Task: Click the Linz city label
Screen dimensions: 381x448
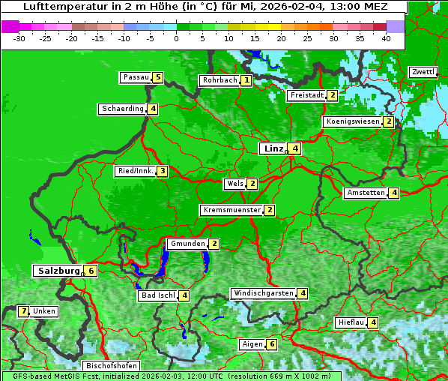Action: click(x=273, y=148)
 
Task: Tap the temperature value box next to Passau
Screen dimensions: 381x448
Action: click(x=157, y=77)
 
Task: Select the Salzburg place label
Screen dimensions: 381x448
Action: click(x=57, y=270)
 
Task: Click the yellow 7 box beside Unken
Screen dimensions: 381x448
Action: click(x=24, y=310)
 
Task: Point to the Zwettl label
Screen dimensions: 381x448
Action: click(x=423, y=72)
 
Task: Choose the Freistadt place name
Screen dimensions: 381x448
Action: click(x=306, y=95)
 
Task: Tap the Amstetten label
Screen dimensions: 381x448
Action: click(x=365, y=193)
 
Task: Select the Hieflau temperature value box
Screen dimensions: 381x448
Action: click(x=373, y=322)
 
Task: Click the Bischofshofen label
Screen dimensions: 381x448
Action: click(x=111, y=366)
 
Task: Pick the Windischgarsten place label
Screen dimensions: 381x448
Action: click(x=262, y=293)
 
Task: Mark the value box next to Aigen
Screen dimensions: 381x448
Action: click(x=271, y=344)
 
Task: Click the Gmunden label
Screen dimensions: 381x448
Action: click(x=187, y=244)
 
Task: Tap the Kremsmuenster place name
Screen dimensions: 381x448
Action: click(x=231, y=210)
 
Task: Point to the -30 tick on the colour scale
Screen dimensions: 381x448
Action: click(x=19, y=38)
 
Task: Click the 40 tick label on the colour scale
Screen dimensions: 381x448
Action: click(x=385, y=38)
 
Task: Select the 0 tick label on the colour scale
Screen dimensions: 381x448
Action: click(x=176, y=38)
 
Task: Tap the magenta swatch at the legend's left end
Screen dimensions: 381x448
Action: click(x=10, y=26)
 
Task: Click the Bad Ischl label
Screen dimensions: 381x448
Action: click(x=157, y=295)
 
